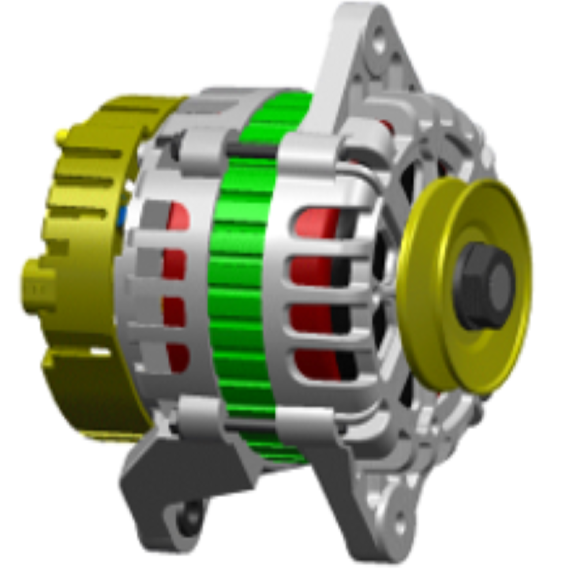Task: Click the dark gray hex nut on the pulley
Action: click(484, 285)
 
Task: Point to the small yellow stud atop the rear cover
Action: click(61, 137)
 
